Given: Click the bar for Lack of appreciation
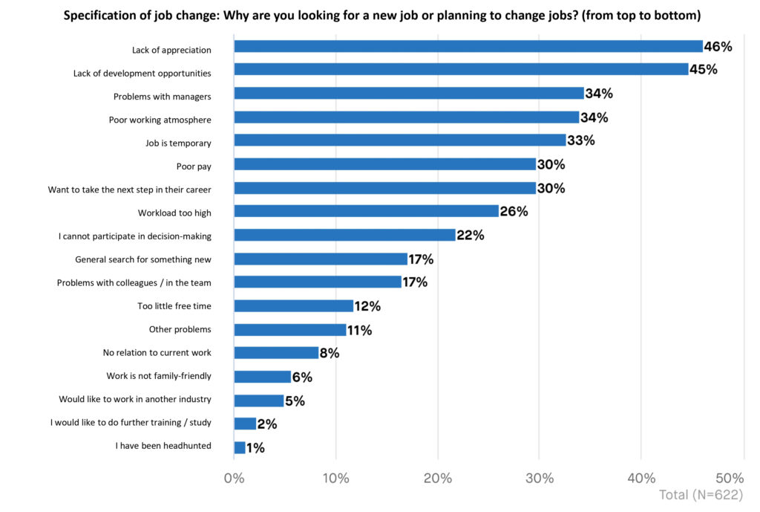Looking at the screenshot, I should pyautogui.click(x=468, y=46).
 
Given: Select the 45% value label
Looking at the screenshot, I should pyautogui.click(x=703, y=70).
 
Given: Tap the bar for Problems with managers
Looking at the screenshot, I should pyautogui.click(x=408, y=94).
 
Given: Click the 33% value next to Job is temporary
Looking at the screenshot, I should pyautogui.click(x=580, y=140).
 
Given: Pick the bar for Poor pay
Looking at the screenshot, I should pyautogui.click(x=384, y=164).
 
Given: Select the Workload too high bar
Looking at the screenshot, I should pyautogui.click(x=366, y=212).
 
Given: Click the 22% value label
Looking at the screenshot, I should pyautogui.click(x=470, y=236).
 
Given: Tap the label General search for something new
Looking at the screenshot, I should pyautogui.click(x=143, y=259).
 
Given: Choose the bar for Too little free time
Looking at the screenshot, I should pyautogui.click(x=293, y=306).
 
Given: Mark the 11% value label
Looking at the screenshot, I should pyautogui.click(x=359, y=330).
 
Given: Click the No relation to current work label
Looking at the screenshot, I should pyautogui.click(x=157, y=353).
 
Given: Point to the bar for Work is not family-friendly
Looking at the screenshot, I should pyautogui.click(x=262, y=377).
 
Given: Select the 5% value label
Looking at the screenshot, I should pyautogui.click(x=295, y=401).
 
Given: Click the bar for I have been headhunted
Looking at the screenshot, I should pyautogui.click(x=239, y=447).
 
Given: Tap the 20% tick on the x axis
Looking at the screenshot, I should pyautogui.click(x=438, y=478).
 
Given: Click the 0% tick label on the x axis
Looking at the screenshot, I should pyautogui.click(x=234, y=478).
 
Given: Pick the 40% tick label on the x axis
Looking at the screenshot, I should pyautogui.click(x=641, y=478).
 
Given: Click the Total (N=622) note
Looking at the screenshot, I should pyautogui.click(x=701, y=495).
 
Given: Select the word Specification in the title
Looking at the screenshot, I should pyautogui.click(x=105, y=16).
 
